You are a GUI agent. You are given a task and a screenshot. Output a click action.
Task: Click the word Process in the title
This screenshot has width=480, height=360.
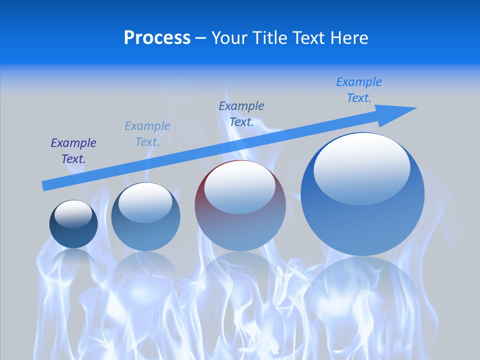point(157,38)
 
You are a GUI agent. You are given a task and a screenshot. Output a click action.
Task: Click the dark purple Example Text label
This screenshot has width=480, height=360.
point(73,151)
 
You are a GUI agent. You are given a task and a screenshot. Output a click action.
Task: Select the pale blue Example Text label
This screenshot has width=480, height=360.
point(147,134)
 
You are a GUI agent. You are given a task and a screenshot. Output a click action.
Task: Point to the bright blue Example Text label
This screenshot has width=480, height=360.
point(359,90)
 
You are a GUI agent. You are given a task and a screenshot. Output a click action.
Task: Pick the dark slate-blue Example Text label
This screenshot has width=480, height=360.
point(241,114)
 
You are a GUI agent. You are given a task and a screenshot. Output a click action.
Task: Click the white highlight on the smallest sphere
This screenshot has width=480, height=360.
point(73,213)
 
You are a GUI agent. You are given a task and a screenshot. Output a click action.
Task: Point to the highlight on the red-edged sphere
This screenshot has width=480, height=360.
point(240,186)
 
